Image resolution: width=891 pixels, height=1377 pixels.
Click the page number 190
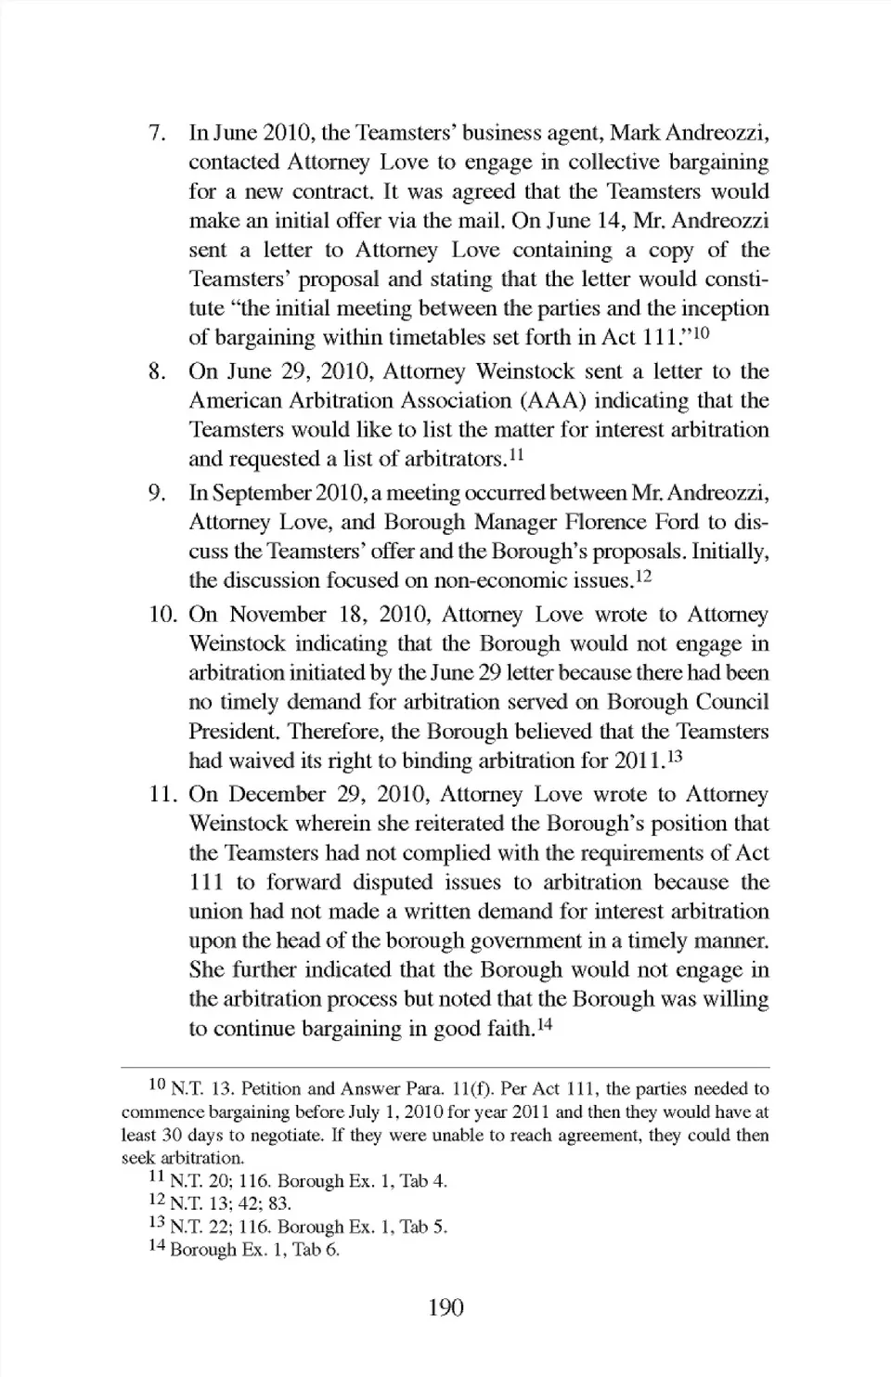[x=445, y=1307]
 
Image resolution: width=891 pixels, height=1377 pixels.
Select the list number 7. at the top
[x=157, y=133]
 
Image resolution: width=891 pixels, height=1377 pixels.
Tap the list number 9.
[x=157, y=492]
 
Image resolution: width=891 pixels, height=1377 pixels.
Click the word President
[x=228, y=732]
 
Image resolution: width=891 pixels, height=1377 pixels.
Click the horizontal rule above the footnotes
[x=445, y=1068]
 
